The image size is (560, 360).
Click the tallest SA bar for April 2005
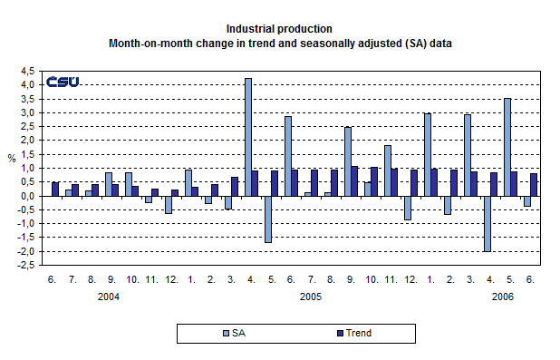pos(248,137)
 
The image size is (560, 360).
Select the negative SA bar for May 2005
pos(268,219)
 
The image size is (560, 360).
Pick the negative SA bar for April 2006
pos(487,223)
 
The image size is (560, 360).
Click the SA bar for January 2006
pos(427,154)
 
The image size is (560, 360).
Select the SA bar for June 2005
pos(288,156)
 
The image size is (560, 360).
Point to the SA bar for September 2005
pos(347,161)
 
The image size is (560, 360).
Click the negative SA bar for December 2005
pos(407,208)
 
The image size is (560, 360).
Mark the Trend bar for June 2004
pos(55,189)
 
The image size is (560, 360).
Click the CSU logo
pos(63,82)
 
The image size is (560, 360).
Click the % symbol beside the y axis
pos(12,159)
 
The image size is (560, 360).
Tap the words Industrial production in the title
pos(280,29)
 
